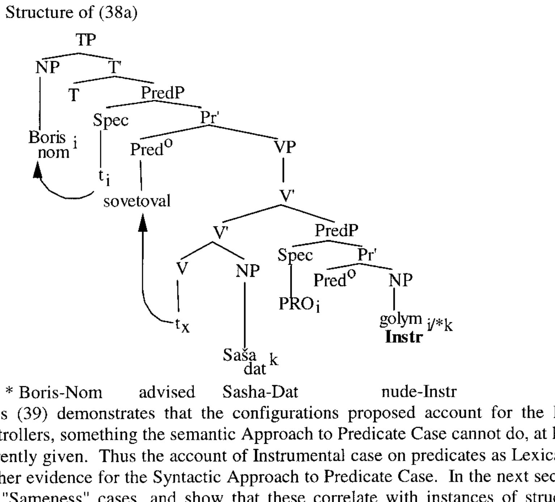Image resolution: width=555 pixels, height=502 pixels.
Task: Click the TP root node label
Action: click(x=86, y=40)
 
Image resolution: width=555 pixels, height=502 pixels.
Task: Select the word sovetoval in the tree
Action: click(x=137, y=201)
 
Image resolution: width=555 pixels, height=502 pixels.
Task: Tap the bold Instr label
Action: click(x=404, y=337)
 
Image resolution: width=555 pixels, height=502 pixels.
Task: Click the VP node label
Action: click(x=285, y=147)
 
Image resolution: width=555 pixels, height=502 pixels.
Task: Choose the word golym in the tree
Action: click(x=401, y=319)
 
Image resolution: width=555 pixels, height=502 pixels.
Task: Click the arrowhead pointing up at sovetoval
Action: click(x=143, y=221)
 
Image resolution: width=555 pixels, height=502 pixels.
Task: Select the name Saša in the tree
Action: click(x=240, y=355)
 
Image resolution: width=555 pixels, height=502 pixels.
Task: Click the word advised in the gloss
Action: click(x=167, y=392)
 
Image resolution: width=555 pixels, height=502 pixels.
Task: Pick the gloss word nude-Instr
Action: click(x=419, y=392)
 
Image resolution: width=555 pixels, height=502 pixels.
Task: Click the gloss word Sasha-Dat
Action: click(x=260, y=392)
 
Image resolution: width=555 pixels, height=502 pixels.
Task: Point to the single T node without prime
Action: click(x=74, y=95)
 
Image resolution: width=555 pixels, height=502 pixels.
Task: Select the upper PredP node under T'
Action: click(x=162, y=93)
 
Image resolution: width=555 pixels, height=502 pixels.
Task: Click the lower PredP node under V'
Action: click(x=336, y=230)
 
